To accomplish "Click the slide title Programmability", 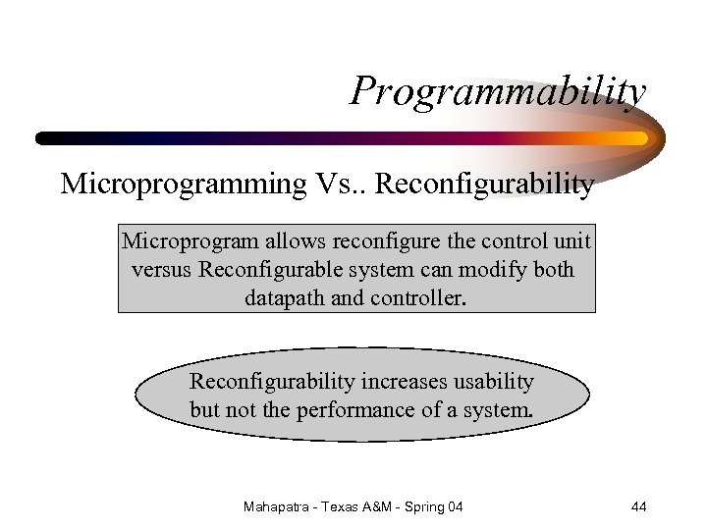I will click(x=499, y=92).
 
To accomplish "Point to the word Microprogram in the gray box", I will click(x=177, y=241).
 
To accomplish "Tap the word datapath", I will click(x=285, y=296).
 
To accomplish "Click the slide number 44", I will click(x=638, y=506).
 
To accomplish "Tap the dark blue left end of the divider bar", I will click(x=49, y=138).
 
